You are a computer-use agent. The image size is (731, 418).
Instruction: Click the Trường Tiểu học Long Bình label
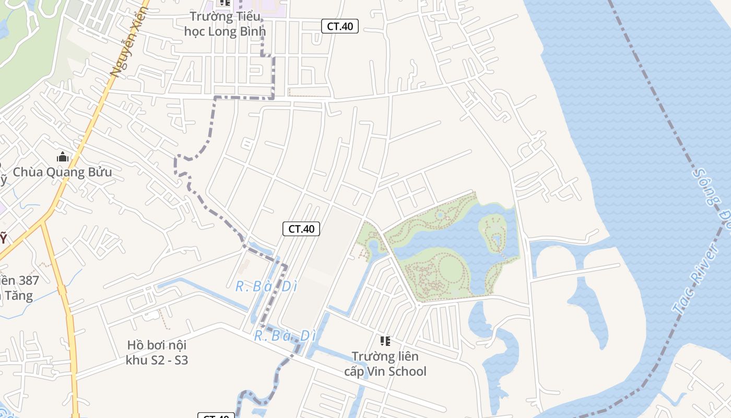(225, 24)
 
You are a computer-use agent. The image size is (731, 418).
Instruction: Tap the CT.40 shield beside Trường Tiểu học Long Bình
(339, 26)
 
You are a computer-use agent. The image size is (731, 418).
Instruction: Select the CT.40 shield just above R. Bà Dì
(301, 229)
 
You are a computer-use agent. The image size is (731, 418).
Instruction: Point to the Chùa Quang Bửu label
(62, 172)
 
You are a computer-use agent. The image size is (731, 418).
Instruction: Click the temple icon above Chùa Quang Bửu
(63, 157)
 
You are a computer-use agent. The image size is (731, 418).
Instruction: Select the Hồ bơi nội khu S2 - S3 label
(157, 353)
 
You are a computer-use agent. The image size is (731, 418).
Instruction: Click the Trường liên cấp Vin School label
(385, 364)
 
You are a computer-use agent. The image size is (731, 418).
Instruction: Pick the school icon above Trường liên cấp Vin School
(385, 342)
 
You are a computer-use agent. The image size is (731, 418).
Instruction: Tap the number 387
(29, 281)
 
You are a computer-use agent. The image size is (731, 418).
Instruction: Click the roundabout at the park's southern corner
(419, 305)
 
